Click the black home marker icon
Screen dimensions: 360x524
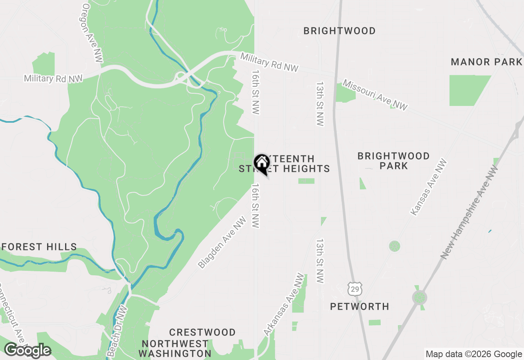(262, 164)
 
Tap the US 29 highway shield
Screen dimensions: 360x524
(353, 288)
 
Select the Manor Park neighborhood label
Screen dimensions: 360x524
(486, 62)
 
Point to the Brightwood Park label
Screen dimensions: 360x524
(393, 161)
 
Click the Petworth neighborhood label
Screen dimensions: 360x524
(359, 306)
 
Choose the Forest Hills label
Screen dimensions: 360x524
(39, 247)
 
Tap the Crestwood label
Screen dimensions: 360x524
(202, 332)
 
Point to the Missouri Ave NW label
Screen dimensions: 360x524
(375, 95)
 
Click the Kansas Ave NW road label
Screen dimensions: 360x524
(429, 187)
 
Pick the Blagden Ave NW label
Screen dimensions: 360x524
(222, 243)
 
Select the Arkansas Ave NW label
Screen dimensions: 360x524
(285, 304)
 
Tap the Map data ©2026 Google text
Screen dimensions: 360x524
(473, 354)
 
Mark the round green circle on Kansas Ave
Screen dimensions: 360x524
(394, 246)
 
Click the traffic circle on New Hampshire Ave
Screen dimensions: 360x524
(419, 297)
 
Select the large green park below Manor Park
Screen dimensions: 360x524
(468, 90)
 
